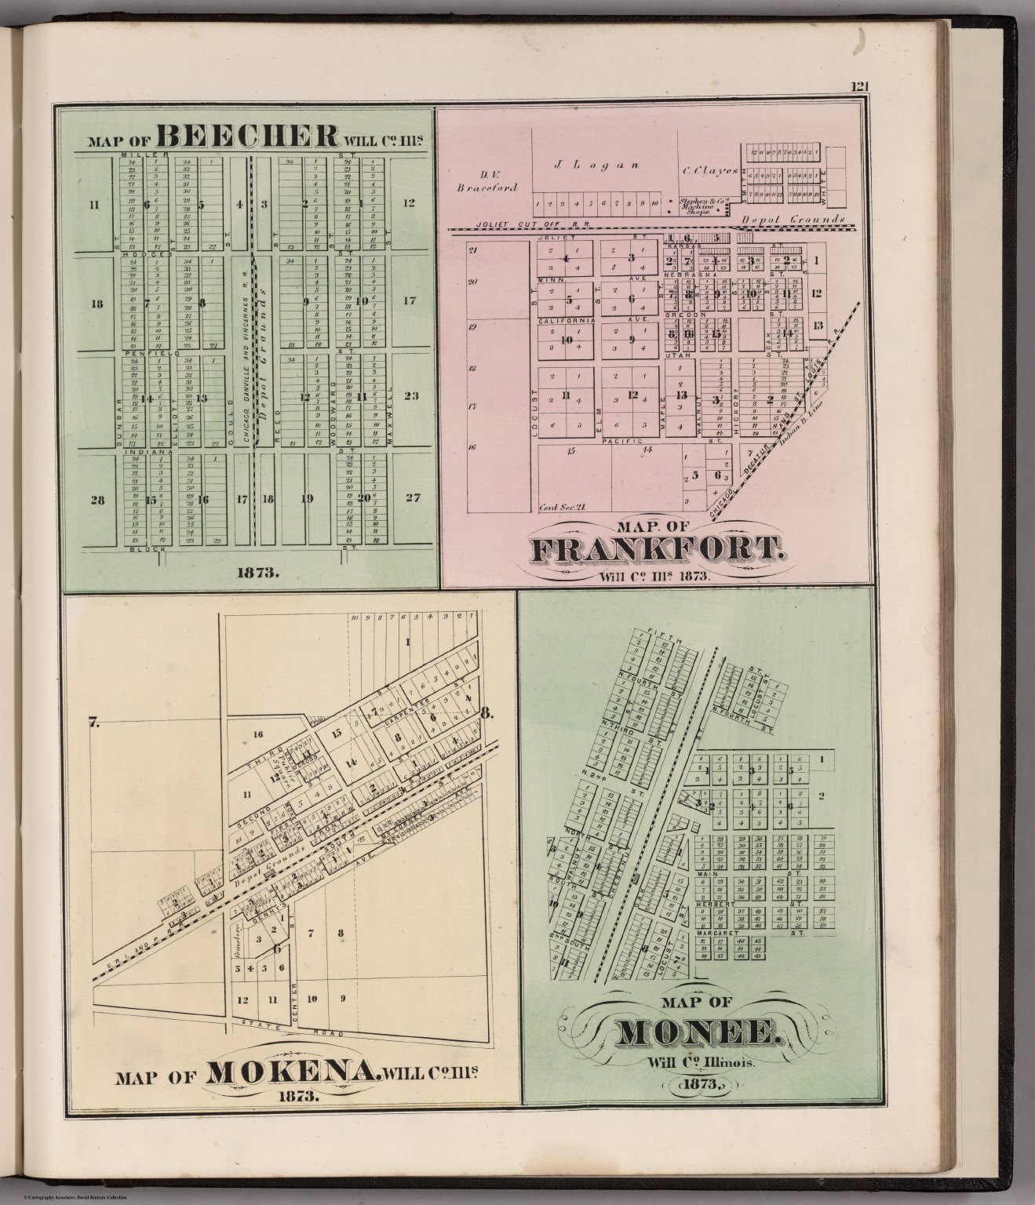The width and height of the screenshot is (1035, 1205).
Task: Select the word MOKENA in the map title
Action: pyautogui.click(x=290, y=1072)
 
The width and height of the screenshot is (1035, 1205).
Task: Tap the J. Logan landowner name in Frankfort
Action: pyautogui.click(x=585, y=165)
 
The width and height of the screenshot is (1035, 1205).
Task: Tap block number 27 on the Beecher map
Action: pyautogui.click(x=410, y=497)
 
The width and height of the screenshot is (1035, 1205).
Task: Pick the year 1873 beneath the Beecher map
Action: pyautogui.click(x=257, y=573)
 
